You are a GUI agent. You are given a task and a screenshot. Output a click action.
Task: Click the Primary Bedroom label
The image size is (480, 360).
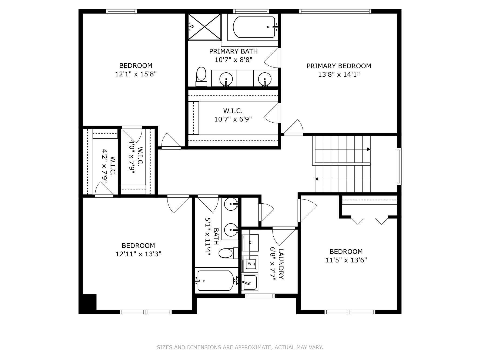click(339, 66)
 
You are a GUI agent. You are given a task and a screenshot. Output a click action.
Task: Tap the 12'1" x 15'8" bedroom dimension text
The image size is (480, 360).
click(136, 74)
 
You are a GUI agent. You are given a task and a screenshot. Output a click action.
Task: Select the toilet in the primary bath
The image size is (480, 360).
click(201, 77)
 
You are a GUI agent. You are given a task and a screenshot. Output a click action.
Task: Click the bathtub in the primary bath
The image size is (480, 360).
click(254, 27)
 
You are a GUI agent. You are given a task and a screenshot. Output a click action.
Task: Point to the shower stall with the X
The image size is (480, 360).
click(204, 27)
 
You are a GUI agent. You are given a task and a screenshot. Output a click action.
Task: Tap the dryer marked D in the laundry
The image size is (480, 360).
click(250, 243)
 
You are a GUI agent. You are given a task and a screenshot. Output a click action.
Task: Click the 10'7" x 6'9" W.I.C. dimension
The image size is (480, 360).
click(233, 119)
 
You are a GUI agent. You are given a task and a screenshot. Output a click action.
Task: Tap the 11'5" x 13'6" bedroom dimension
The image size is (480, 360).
click(346, 260)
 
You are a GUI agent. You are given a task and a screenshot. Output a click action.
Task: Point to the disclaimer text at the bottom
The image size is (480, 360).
click(240, 347)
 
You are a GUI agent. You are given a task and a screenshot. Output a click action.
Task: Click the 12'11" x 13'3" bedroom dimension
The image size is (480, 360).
click(139, 254)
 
